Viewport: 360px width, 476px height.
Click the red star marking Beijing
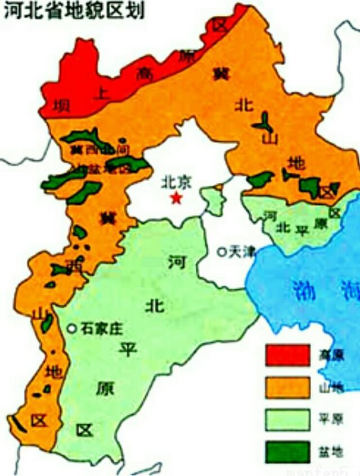(177, 197)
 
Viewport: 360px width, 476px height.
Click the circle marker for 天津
(221, 252)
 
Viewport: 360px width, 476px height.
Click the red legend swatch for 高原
(287, 356)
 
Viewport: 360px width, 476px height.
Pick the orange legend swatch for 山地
(287, 387)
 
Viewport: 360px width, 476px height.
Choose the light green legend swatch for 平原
(287, 419)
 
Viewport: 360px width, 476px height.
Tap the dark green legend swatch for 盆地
(287, 452)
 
